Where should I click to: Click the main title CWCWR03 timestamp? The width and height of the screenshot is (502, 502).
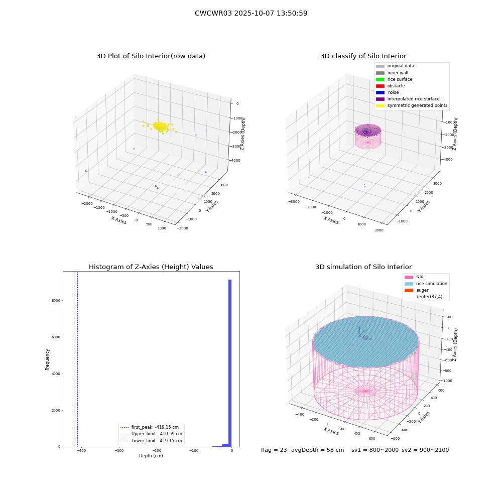(x=251, y=13)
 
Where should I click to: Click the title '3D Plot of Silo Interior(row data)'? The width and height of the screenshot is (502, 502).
(x=151, y=56)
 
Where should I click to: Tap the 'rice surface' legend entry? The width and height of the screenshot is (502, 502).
(x=394, y=79)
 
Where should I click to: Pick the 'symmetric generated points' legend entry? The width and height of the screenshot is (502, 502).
(x=412, y=105)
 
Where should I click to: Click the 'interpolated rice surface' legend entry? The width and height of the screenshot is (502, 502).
(x=408, y=99)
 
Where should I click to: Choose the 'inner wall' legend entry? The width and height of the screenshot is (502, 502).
(x=392, y=73)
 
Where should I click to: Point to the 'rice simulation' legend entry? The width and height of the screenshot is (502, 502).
(x=426, y=284)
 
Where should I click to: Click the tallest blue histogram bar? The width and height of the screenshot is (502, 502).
(x=229, y=363)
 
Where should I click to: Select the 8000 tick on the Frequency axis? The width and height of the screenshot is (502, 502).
(x=56, y=301)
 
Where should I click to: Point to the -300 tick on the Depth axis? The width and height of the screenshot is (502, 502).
(x=119, y=451)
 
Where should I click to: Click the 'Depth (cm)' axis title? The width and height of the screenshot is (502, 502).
(x=151, y=456)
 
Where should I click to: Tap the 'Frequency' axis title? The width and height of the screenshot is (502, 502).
(x=47, y=359)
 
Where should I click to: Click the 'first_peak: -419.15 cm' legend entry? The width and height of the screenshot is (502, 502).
(x=149, y=427)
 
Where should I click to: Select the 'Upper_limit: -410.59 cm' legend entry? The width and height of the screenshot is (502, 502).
(x=151, y=434)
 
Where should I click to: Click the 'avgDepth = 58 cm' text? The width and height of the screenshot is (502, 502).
(x=317, y=450)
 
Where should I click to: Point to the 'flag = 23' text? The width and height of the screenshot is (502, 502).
(x=274, y=450)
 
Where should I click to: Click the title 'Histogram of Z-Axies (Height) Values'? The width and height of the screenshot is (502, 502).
(x=151, y=267)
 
